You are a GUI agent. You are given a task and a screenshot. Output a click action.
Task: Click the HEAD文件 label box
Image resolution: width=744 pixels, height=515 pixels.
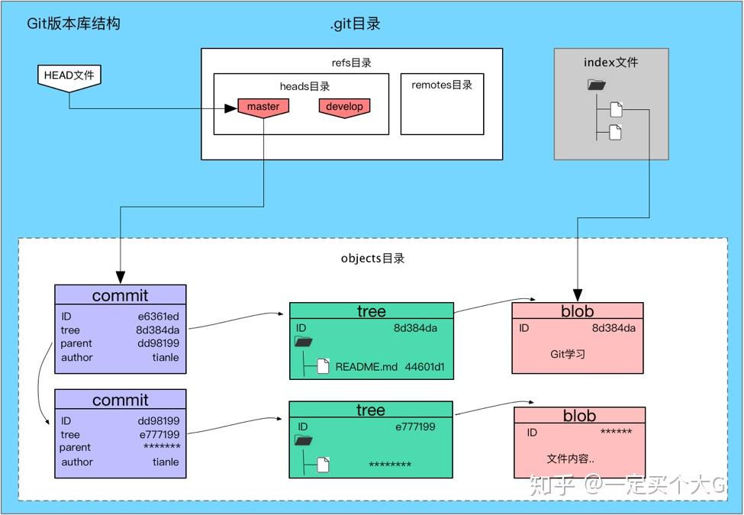69,76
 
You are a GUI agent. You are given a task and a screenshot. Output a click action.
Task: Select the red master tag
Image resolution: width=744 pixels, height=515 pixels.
263,107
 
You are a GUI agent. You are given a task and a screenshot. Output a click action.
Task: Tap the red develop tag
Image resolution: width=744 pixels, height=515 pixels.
344,107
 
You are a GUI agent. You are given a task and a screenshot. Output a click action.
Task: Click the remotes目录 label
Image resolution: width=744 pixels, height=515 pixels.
442,85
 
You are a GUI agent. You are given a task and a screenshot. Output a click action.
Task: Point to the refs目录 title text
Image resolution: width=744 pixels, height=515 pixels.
352,63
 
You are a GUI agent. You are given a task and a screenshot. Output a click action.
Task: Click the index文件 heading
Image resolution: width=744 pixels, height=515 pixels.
610,63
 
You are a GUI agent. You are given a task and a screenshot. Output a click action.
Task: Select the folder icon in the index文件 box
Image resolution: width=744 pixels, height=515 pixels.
596,86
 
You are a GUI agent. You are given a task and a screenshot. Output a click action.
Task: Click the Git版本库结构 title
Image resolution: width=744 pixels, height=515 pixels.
73,24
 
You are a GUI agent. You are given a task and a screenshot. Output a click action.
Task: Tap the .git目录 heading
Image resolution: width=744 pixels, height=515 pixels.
356,24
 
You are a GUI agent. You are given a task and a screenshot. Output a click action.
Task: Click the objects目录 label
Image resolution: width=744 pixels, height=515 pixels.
372,258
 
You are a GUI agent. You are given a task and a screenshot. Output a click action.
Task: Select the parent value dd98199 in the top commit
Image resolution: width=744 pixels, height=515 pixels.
159,343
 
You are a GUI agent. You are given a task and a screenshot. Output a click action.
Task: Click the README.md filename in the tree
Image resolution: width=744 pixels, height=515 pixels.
366,366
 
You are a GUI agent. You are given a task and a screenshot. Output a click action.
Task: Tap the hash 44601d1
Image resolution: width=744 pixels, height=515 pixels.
425,366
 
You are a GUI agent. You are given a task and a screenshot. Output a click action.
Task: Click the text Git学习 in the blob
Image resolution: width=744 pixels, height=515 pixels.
567,354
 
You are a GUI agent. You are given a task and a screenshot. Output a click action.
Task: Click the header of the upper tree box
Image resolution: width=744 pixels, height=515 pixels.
371,311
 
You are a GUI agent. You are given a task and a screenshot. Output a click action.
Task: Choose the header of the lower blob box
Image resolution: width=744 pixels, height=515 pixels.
579,416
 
